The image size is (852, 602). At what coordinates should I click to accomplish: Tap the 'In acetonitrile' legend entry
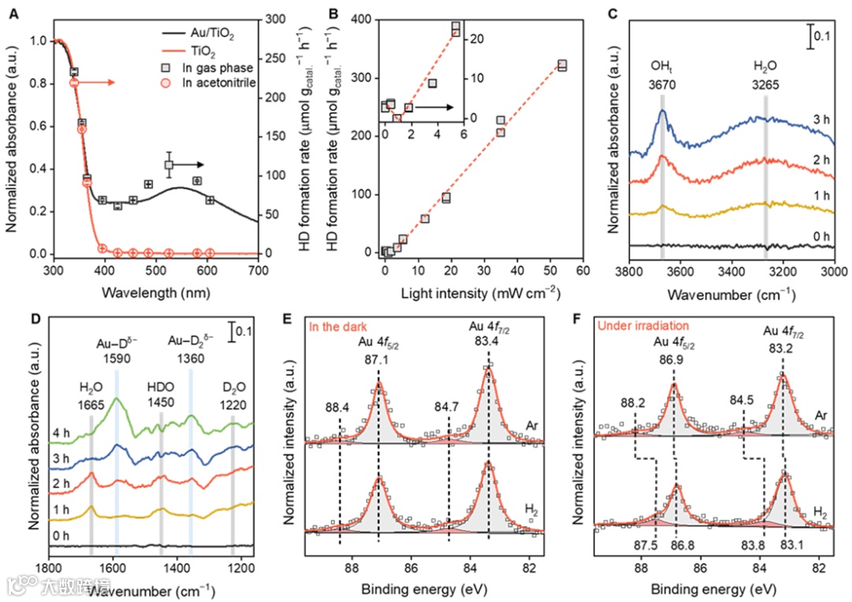coord(218,84)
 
